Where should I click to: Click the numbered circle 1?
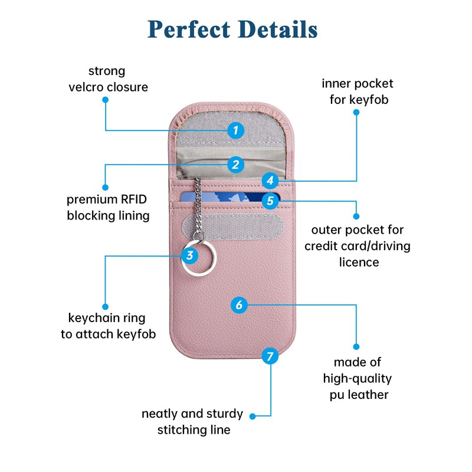[x=235, y=130]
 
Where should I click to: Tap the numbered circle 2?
[x=235, y=165]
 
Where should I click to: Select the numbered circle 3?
[x=189, y=255]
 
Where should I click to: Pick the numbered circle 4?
[x=270, y=181]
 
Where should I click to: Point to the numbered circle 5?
[x=270, y=201]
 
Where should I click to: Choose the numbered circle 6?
[x=239, y=305]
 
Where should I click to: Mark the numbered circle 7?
[x=270, y=356]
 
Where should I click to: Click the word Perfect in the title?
[x=189, y=29]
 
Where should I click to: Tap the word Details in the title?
[x=277, y=29]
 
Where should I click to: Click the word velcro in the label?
[x=86, y=87]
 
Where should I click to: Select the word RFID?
[x=134, y=199]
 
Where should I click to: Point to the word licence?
[x=359, y=262]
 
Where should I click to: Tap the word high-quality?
[x=358, y=379]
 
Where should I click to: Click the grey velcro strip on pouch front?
[x=232, y=227]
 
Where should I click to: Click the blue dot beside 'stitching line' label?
[x=253, y=417]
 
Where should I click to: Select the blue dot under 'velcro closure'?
[x=106, y=100]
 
